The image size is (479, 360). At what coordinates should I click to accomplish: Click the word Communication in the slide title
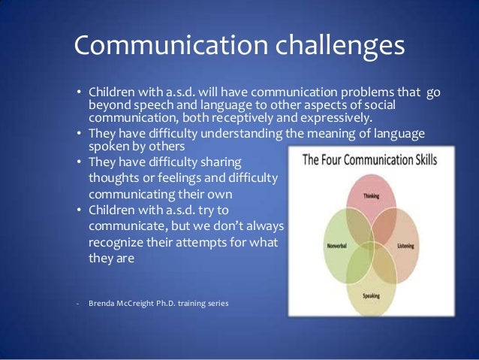click(164, 46)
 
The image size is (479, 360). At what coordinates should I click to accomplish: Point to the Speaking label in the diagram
click(372, 296)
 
